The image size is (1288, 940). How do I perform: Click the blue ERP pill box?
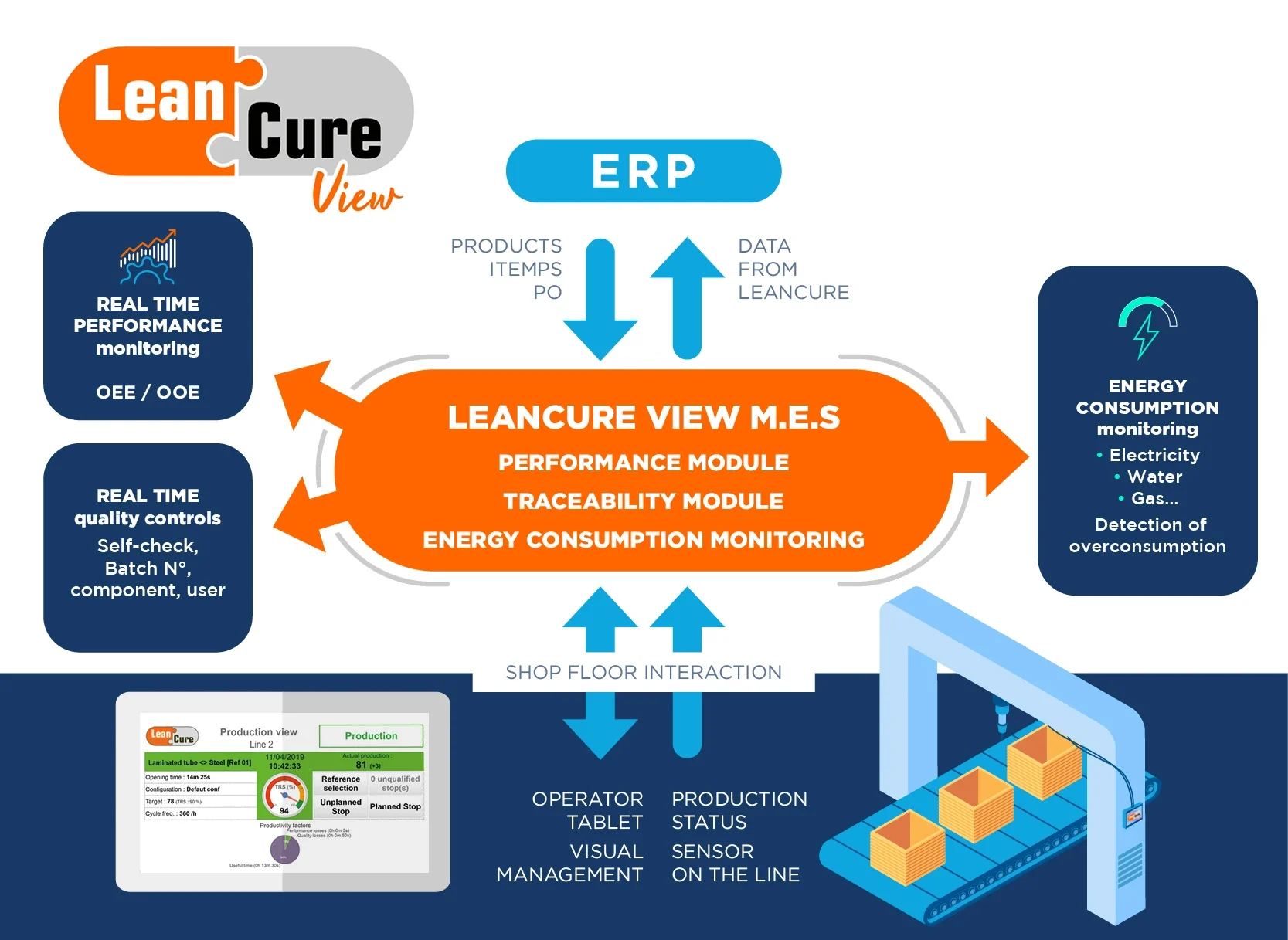pyautogui.click(x=643, y=171)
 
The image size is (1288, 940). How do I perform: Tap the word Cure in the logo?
pyautogui.click(x=314, y=132)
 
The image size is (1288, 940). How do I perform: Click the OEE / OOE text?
pyautogui.click(x=148, y=392)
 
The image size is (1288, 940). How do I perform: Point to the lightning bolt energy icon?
pyautogui.click(x=1147, y=327)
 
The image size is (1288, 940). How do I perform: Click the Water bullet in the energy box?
pyautogui.click(x=1154, y=477)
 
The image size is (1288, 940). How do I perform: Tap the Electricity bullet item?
pyautogui.click(x=1154, y=455)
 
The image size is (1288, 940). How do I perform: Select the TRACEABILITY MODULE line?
pyautogui.click(x=643, y=501)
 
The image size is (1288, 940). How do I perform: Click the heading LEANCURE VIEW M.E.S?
pyautogui.click(x=643, y=418)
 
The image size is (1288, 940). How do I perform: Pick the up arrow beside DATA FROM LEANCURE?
pyautogui.click(x=687, y=297)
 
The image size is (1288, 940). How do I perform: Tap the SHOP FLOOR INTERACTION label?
pyautogui.click(x=643, y=672)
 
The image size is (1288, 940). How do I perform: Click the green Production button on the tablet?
pyautogui.click(x=371, y=736)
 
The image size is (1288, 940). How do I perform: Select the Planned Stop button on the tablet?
pyautogui.click(x=395, y=806)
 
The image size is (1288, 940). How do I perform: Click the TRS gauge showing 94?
pyautogui.click(x=284, y=796)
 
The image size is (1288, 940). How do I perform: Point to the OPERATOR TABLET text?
pyautogui.click(x=587, y=810)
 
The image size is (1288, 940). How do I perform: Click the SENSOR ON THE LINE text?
pyautogui.click(x=735, y=863)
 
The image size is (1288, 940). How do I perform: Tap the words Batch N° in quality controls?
pyautogui.click(x=148, y=568)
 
